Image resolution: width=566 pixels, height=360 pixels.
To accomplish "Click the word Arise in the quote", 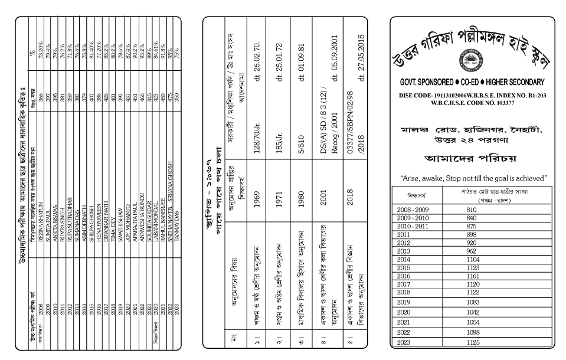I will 413,177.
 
